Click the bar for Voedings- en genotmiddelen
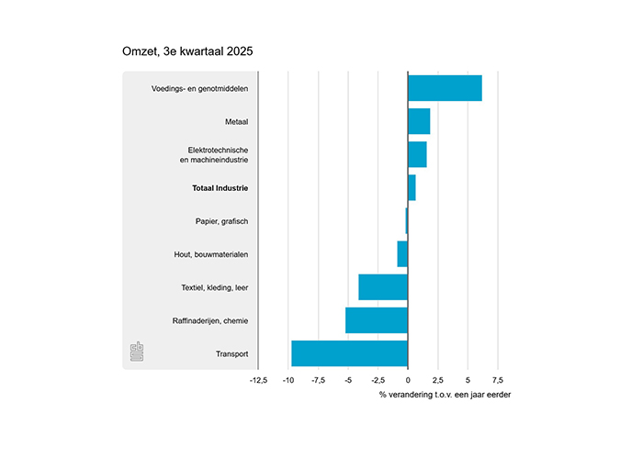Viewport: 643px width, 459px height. point(445,88)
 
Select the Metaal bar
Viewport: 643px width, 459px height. point(419,121)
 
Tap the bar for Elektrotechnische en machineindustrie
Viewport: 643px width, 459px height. point(417,154)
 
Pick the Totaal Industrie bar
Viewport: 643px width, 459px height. point(412,187)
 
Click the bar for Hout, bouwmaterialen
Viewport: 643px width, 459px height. point(402,254)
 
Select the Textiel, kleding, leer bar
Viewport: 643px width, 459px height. point(383,287)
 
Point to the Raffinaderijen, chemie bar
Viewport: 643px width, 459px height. point(377,320)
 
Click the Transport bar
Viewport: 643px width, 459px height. point(349,353)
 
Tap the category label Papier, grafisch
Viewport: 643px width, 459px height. point(222,221)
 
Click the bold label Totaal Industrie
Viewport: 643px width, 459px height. point(220,188)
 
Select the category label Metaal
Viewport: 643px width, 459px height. point(236,122)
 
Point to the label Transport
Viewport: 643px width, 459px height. point(232,353)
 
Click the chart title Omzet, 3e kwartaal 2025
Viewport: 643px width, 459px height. point(187,51)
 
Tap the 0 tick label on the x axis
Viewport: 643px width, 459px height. point(408,378)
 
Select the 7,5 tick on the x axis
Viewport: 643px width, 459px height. point(497,378)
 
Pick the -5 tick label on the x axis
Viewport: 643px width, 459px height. point(347,378)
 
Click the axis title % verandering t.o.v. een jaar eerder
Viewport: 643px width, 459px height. point(445,395)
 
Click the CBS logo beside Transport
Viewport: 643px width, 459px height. point(137,352)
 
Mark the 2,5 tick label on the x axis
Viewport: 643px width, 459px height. point(437,378)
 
